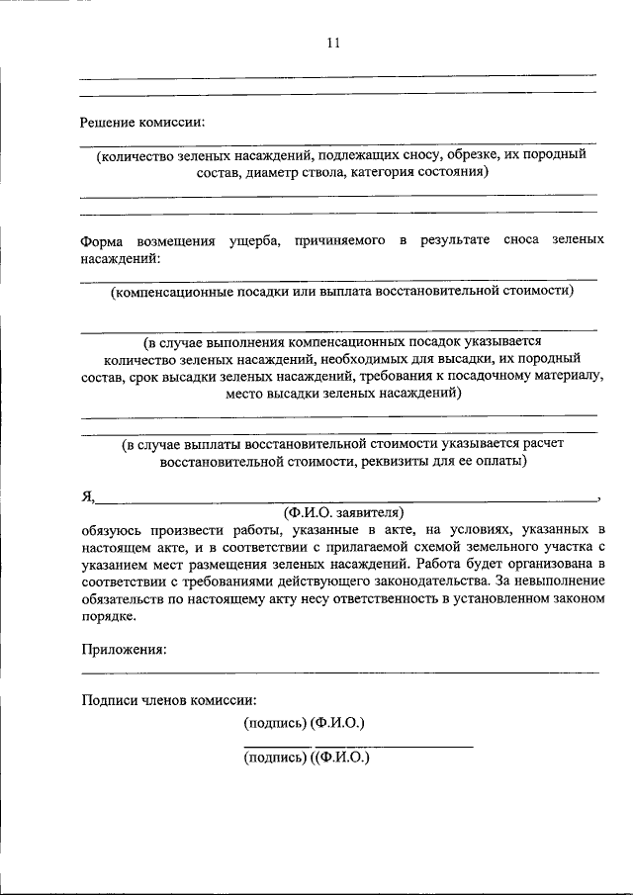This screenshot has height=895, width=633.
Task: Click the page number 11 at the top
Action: click(x=332, y=43)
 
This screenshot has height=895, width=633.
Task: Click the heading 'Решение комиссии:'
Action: click(x=142, y=122)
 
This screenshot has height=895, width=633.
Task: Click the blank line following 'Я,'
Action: click(x=346, y=500)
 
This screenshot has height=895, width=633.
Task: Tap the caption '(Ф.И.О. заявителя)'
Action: click(x=343, y=512)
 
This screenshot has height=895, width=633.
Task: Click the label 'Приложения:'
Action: click(x=123, y=650)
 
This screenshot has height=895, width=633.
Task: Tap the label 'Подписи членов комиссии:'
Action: click(x=169, y=699)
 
